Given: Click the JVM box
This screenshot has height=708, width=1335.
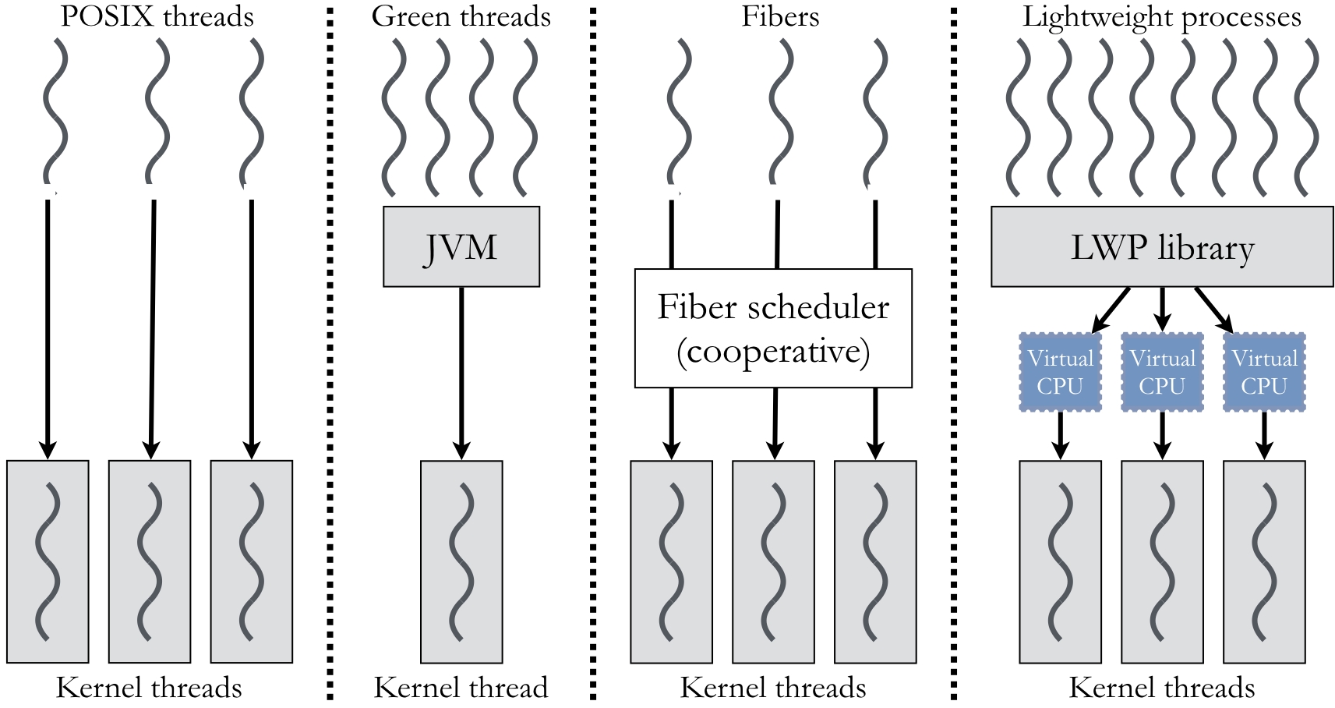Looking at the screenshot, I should click(461, 246).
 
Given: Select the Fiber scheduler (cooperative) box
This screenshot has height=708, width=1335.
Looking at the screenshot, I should click(773, 328).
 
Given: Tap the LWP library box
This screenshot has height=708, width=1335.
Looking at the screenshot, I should click(1161, 246).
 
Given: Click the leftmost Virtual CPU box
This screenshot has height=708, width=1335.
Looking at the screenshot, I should click(1060, 373).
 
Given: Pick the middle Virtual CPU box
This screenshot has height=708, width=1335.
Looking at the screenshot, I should click(1162, 373).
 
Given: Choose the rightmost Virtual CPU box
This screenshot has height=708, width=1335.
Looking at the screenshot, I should click(1264, 373).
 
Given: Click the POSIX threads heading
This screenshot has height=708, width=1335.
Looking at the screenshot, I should click(157, 16).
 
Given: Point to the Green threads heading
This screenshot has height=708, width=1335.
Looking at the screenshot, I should click(461, 16).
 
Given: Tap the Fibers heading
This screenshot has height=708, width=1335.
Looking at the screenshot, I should click(780, 16).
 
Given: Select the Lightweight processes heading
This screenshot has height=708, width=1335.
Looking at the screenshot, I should click(1161, 16).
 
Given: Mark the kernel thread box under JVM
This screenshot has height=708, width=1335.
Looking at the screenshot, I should click(461, 561).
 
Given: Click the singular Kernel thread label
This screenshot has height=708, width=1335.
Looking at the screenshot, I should click(461, 688).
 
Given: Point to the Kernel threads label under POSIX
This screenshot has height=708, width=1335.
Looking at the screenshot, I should click(149, 688).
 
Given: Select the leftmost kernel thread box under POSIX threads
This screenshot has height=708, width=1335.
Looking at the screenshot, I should click(48, 561).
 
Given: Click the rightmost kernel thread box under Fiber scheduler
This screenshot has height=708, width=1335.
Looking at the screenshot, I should click(875, 561).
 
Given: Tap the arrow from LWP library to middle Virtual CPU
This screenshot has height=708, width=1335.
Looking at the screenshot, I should click(1162, 309).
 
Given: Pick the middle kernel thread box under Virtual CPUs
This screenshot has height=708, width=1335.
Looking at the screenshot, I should click(1162, 561).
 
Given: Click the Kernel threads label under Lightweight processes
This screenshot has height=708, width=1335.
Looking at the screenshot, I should click(1161, 688).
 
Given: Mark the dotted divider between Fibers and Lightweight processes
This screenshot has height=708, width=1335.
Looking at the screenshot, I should click(954, 351).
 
